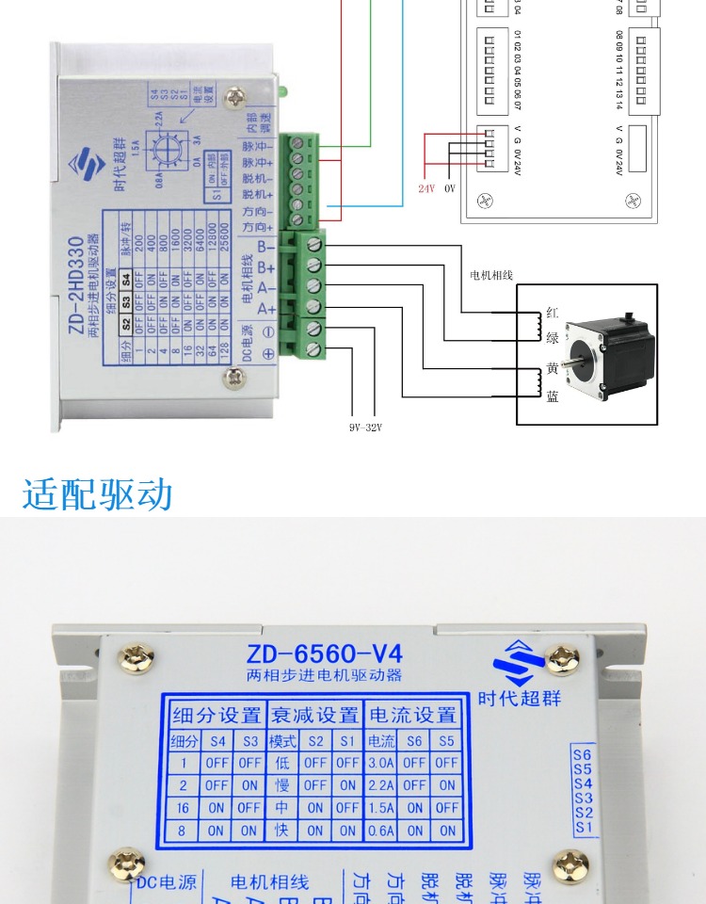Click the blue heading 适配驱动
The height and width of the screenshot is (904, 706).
pos(98,493)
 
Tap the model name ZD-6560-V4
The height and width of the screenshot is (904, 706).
pos(324,654)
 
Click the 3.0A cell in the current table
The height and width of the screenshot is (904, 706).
pos(381,763)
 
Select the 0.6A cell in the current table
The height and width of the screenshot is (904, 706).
pos(381,830)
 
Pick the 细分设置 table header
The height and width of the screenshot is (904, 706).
pos(217,715)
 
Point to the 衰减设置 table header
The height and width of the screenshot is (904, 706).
pos(314,715)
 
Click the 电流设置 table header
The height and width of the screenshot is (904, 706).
pos(412,715)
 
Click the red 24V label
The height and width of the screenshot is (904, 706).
pos(426,188)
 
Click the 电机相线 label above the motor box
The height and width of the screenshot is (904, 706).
pos(490,276)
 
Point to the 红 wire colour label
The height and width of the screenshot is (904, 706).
pos(553,314)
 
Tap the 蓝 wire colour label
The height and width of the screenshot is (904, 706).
pos(553,396)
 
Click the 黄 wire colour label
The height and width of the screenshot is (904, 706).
pos(553,368)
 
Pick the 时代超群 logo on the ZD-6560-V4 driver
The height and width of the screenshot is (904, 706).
pos(519,673)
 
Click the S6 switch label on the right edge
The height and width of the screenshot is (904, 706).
pos(583,754)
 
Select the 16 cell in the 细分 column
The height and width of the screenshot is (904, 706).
pos(185,807)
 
